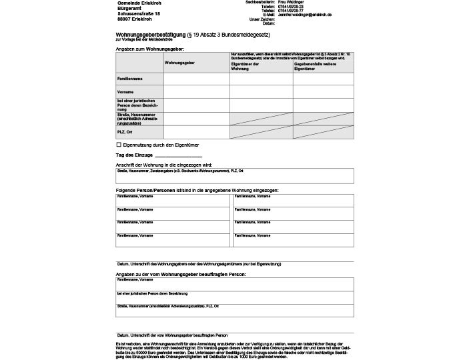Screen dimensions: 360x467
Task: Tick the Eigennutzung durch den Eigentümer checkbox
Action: pos(119,144)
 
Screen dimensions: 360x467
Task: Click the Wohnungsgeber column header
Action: pos(179,62)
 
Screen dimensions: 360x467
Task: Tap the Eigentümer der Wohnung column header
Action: pos(245,65)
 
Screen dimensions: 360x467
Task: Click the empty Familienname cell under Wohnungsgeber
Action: pos(195,79)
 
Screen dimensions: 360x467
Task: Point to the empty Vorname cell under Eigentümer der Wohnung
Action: pos(260,91)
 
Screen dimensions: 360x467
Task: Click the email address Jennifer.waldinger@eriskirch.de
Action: pos(305,15)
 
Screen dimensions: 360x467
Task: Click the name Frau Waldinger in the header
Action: pos(292,3)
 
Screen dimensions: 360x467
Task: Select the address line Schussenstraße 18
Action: pos(139,13)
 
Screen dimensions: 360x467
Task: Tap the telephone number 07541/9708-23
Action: pos(291,7)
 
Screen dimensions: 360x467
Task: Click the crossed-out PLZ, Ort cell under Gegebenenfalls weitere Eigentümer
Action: pos(323,132)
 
